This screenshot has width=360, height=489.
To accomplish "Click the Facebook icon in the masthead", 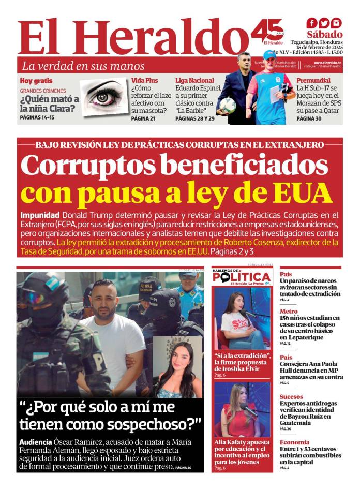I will (311, 23).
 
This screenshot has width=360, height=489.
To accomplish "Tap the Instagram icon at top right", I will (337, 23).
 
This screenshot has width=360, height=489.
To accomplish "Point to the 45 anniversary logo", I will (267, 32).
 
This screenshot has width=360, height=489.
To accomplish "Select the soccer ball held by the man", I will (228, 105).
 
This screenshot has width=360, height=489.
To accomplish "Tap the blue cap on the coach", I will (269, 54).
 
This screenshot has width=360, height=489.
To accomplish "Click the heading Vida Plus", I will (144, 81).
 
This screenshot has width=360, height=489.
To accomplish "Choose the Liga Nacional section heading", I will (194, 81).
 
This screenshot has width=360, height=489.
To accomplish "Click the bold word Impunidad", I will (40, 215).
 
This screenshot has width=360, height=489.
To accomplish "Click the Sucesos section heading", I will (291, 397).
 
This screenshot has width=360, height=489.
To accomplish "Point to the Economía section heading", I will (294, 442).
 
